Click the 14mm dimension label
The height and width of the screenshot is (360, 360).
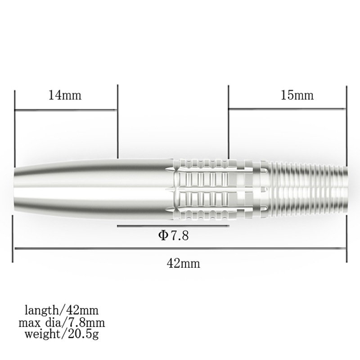[x=66, y=95]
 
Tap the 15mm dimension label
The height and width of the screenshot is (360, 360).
[x=297, y=95]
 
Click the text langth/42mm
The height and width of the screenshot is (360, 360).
[x=62, y=310]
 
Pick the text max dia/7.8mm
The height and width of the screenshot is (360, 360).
[x=62, y=322]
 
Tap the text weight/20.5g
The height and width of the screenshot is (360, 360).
[x=62, y=333]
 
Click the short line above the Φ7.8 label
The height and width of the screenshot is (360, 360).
[x=173, y=226]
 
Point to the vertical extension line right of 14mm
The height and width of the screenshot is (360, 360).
[x=117, y=121]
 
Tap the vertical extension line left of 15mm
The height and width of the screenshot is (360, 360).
[x=229, y=121]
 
